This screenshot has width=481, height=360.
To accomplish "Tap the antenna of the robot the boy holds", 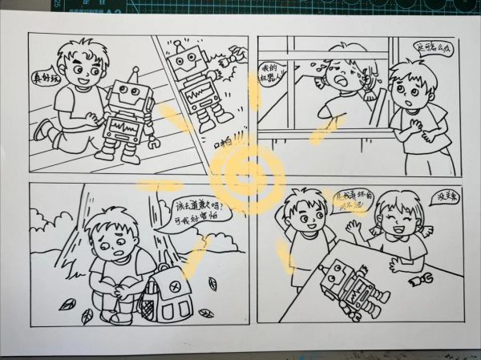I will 135,74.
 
